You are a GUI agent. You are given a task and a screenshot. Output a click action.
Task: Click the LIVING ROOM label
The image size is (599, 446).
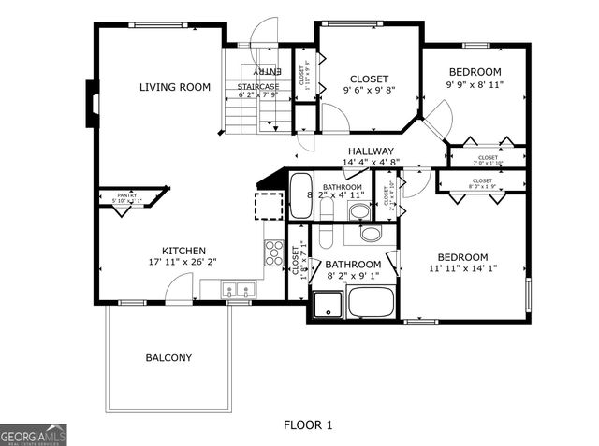[175, 88]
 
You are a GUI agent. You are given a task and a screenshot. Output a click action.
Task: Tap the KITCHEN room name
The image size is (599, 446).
[184, 251]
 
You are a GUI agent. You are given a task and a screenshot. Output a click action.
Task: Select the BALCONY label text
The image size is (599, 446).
[168, 358]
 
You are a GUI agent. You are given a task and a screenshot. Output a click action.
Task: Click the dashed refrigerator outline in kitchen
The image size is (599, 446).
[270, 206]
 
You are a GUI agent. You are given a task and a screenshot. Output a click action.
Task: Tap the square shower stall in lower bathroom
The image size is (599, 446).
[328, 304]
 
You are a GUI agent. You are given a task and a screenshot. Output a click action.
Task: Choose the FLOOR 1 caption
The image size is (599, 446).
[308, 425]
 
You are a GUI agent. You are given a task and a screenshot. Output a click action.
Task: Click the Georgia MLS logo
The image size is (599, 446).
[34, 435]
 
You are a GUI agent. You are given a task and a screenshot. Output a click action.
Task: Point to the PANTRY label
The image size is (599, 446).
[127, 194]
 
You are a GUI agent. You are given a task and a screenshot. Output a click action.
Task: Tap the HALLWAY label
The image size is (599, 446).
[371, 151]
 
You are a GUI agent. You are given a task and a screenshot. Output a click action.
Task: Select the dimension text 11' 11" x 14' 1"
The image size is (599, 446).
[462, 269]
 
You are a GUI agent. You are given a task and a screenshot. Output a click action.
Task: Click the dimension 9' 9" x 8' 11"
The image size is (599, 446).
[475, 84]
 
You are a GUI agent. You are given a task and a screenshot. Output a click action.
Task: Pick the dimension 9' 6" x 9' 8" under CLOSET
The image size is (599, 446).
[369, 91]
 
